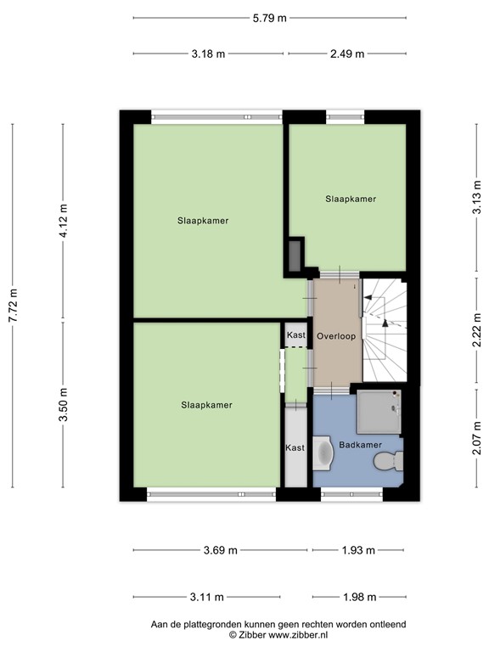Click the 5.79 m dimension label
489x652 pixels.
[x=269, y=18]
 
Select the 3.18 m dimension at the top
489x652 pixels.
[x=208, y=53]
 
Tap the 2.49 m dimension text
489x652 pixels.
[x=346, y=53]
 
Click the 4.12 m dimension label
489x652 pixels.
[x=63, y=222]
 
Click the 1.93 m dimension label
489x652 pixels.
[x=358, y=550]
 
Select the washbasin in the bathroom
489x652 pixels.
[x=323, y=452]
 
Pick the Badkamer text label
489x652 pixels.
[x=360, y=444]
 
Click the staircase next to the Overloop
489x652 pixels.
[x=386, y=331]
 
